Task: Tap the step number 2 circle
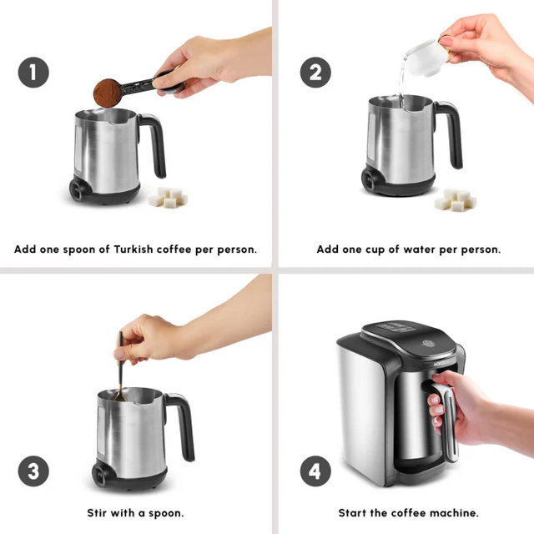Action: (315, 73)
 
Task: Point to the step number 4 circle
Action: (315, 471)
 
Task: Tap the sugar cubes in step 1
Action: (168, 197)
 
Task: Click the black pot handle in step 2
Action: (451, 133)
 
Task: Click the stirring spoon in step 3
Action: (121, 367)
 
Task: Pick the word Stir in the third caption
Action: (99, 512)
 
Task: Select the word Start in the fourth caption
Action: (353, 512)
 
